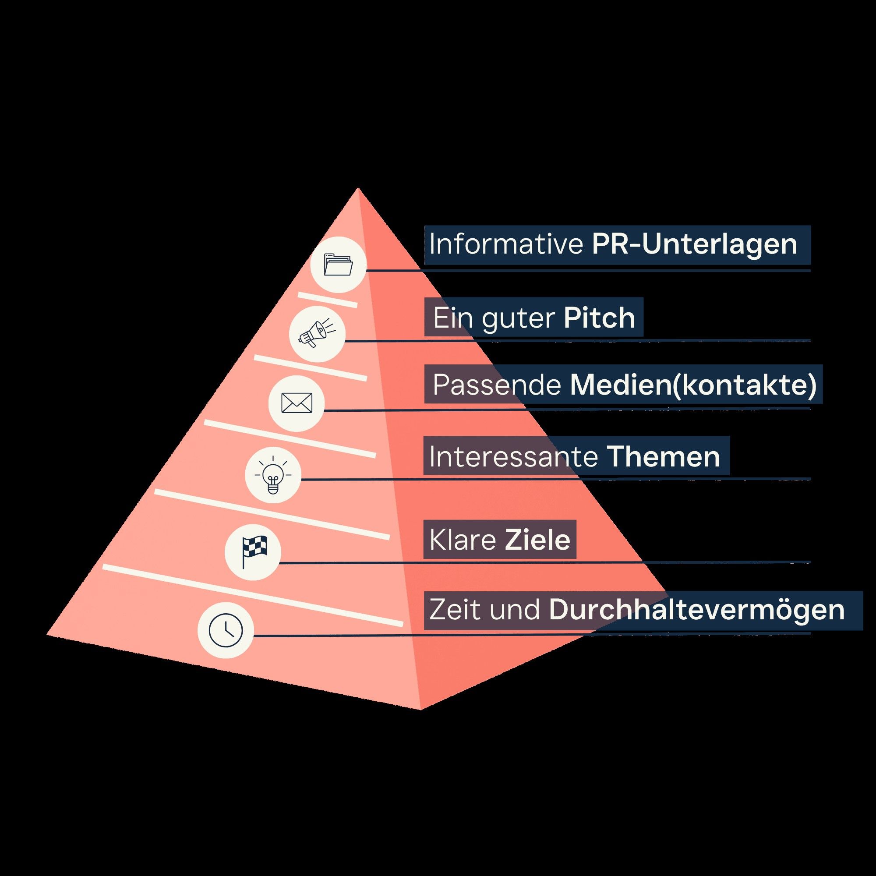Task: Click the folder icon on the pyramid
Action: (x=338, y=265)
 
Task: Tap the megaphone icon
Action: (x=317, y=334)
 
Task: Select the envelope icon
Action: (x=297, y=403)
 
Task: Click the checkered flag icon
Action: (x=253, y=551)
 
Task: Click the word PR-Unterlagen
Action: (x=694, y=245)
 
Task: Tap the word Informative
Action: (x=505, y=245)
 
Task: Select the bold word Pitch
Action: (x=599, y=318)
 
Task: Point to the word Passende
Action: (x=497, y=385)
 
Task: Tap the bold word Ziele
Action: (x=537, y=540)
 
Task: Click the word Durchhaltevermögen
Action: (x=697, y=610)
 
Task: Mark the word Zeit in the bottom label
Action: (x=454, y=610)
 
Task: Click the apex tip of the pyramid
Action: (x=358, y=189)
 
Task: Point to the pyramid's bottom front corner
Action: (x=421, y=709)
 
